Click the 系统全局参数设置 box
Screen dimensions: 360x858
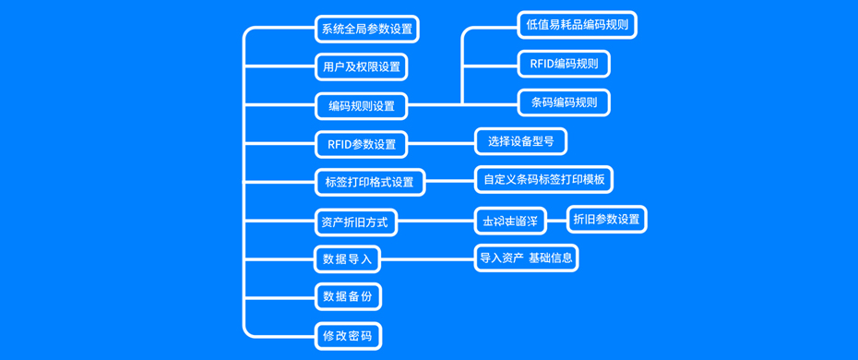click(x=366, y=29)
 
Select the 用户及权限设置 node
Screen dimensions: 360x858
click(x=361, y=67)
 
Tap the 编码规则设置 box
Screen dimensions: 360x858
click(x=361, y=106)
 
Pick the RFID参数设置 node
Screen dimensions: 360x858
click(x=361, y=144)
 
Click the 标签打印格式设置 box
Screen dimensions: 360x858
click(x=369, y=182)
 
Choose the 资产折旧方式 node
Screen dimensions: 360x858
click(x=355, y=222)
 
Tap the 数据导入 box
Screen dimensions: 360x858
click(x=347, y=259)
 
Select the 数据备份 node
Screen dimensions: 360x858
click(x=347, y=296)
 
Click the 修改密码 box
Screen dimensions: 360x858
click(x=347, y=336)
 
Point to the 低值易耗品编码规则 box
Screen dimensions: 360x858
click(x=577, y=25)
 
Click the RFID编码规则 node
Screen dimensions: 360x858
click(x=564, y=64)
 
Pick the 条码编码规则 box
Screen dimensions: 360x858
click(x=564, y=102)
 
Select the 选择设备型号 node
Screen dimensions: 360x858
click(x=520, y=141)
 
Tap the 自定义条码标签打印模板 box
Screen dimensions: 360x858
click(x=543, y=179)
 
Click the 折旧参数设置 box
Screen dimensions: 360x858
click(x=606, y=219)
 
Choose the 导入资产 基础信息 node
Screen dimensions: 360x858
click(x=526, y=258)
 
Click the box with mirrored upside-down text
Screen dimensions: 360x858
click(x=510, y=221)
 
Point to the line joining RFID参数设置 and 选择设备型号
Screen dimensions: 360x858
click(x=441, y=144)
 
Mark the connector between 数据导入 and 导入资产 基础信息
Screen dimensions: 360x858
click(x=426, y=259)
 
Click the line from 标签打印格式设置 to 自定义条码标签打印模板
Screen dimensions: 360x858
click(x=449, y=182)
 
